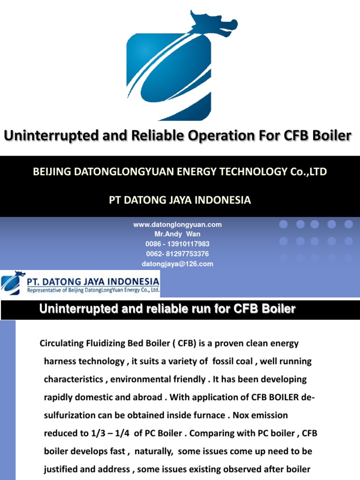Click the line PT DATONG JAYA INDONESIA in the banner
[180, 200]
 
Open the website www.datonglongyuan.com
[177, 225]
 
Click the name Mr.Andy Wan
[177, 234]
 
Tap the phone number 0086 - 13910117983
[177, 244]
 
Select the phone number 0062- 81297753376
[177, 254]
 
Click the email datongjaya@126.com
[177, 264]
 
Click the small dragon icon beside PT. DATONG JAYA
[13, 283]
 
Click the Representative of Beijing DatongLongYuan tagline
[93, 291]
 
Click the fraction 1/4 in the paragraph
[120, 433]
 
